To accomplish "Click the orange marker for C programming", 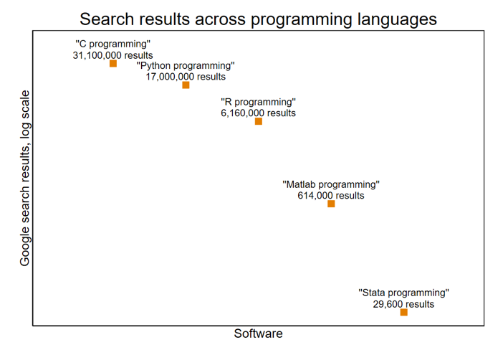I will tap(113, 64).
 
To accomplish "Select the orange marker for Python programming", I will tap(186, 85).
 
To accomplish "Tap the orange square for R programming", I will tap(259, 121).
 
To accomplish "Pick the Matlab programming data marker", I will tap(331, 204).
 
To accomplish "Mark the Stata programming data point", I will tap(403, 313).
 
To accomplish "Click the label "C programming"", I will tap(112, 44).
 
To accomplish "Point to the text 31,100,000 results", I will tap(112, 55).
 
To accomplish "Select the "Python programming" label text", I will tap(186, 65).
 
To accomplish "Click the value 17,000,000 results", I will tap(186, 76).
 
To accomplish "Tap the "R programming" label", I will tap(258, 102).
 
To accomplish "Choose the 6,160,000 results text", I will tap(258, 113).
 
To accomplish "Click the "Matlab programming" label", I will tap(331, 184).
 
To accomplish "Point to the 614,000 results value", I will tap(331, 195).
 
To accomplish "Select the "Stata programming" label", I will tap(403, 293).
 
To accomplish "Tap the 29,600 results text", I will tap(403, 303).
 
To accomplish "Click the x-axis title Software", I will tap(258, 334).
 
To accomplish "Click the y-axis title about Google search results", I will tap(25, 178).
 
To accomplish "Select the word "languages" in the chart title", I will tap(397, 19).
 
